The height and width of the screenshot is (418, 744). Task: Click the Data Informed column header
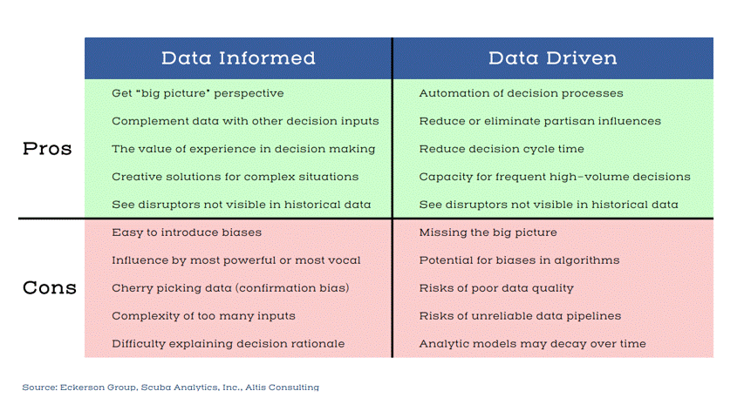(238, 58)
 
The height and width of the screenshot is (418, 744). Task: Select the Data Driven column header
(552, 58)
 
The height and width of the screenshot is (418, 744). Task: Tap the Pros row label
(47, 149)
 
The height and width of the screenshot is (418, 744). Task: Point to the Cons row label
(49, 288)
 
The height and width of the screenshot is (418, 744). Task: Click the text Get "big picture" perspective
(197, 93)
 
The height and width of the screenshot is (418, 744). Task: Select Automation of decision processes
(521, 93)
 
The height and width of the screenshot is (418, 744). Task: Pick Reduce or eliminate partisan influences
(540, 121)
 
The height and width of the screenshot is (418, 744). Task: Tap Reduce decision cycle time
(502, 149)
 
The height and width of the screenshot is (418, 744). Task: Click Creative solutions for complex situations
(235, 177)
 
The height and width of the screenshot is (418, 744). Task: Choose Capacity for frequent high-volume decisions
(554, 177)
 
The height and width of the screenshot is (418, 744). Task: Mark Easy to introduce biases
(187, 233)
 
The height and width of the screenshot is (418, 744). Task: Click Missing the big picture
(488, 233)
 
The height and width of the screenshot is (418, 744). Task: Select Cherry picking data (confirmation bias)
(230, 288)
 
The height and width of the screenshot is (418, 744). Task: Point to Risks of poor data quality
(496, 288)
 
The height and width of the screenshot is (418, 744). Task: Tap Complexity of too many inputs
(203, 316)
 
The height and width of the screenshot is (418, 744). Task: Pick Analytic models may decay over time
(532, 344)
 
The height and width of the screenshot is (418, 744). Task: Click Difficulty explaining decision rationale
(228, 344)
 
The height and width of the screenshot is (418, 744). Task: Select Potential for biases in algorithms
(519, 260)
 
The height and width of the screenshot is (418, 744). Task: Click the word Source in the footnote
(38, 388)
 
